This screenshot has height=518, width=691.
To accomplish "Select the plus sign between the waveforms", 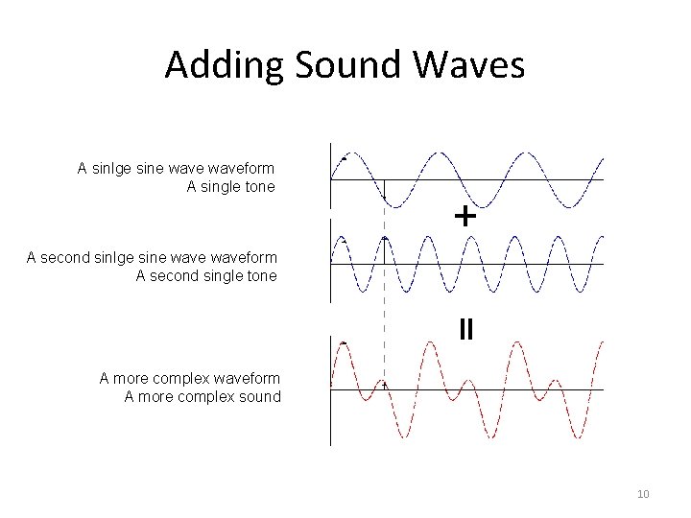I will pos(465,217).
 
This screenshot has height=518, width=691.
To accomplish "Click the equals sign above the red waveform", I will pos(465,330).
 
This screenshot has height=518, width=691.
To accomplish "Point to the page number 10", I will pos(643,494).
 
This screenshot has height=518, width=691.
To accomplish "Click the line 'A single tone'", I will pos(230,186).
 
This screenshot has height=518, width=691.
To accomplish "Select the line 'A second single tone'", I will pos(206,275).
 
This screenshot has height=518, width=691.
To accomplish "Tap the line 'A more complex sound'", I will pos(203,396).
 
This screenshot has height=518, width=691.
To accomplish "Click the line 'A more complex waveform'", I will pos(190,378).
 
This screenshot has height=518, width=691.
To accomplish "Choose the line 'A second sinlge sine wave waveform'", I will pos(152,257).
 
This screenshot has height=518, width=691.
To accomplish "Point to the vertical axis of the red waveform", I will pos(330,422).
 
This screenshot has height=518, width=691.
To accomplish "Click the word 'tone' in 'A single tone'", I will pos(259,186).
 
